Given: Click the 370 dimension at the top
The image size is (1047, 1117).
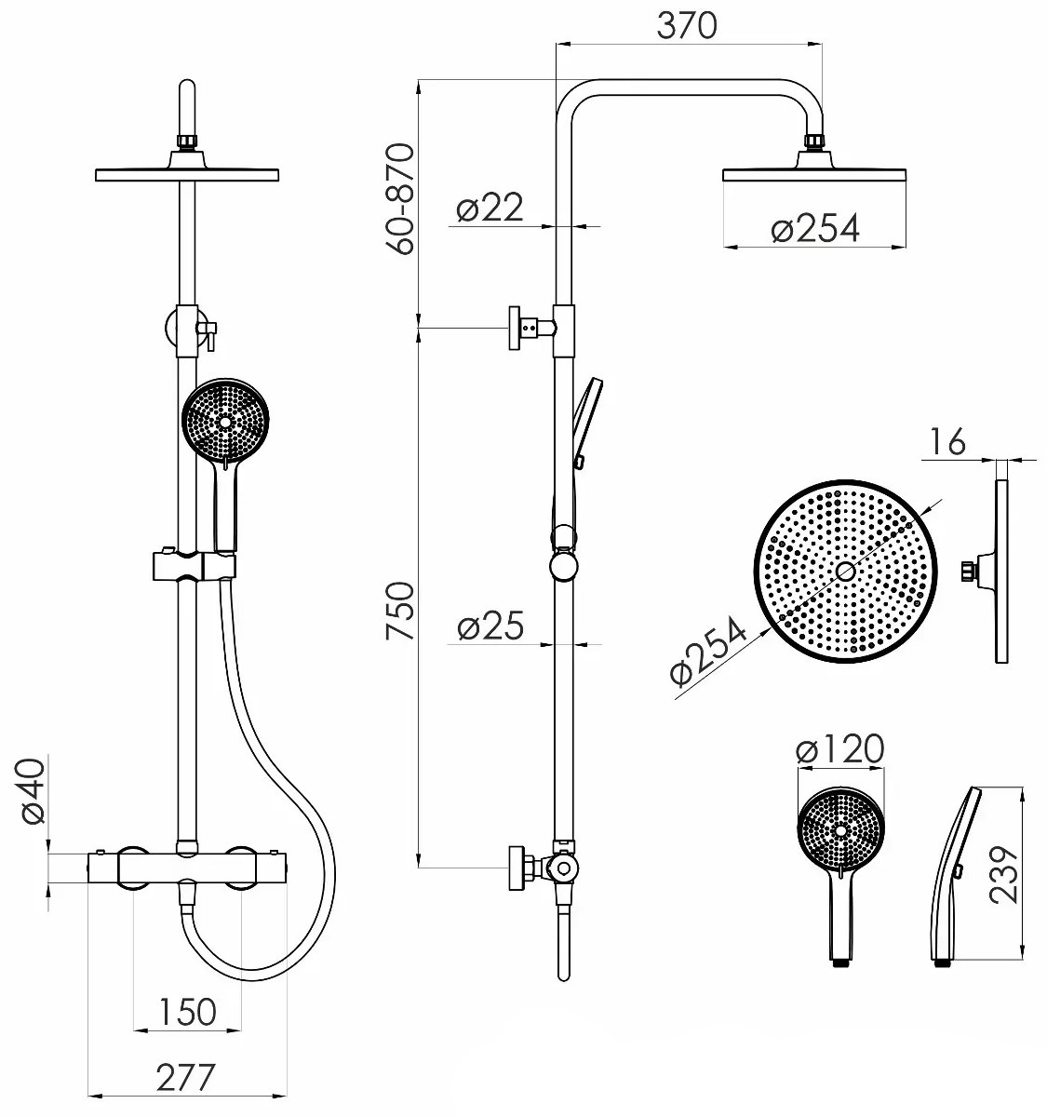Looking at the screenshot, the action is coord(688,26).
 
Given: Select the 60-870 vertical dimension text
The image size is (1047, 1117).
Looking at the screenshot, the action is coord(400,199).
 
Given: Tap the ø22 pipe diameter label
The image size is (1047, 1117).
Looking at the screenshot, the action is coord(490,208).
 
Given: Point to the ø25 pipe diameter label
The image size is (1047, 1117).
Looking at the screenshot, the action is coord(490,626).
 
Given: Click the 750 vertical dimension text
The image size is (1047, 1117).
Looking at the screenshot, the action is coord(400,611).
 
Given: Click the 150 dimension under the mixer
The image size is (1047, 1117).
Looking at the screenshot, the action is coord(187,1012).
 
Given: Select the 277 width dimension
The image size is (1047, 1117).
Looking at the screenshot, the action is coord(185,1076).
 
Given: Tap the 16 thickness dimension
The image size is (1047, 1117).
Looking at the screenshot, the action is coord(946,441).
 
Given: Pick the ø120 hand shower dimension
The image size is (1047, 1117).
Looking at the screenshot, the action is coord(840,749).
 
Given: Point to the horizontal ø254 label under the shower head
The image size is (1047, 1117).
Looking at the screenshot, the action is coord(815,228).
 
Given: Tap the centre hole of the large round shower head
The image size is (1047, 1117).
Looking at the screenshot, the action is coord(845,572).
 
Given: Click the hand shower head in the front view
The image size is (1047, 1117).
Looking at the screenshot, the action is coord(225,421).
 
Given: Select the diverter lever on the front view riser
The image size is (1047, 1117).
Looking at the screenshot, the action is coord(209,336).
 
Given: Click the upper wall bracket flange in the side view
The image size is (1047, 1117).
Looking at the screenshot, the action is coord(515,329).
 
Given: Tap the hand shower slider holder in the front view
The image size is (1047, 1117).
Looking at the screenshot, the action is coord(194,566).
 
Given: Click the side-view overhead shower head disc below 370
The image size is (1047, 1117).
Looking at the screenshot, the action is coord(814,175).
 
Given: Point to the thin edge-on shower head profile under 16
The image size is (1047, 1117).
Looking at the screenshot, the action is coord(1001,572).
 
